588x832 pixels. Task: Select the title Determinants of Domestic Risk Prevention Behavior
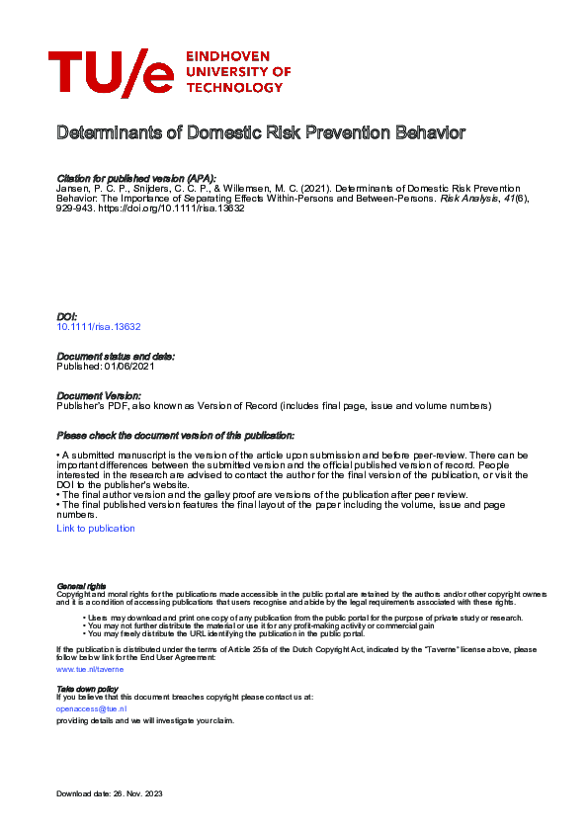point(260,132)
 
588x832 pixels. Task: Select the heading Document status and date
point(116,356)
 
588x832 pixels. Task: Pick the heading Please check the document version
point(175,436)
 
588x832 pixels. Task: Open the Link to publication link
point(96,529)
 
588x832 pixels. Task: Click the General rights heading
point(81,586)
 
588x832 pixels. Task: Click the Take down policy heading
point(87,688)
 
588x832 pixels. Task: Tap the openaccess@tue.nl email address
point(92,708)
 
